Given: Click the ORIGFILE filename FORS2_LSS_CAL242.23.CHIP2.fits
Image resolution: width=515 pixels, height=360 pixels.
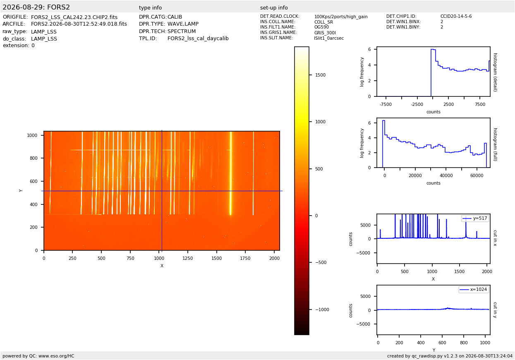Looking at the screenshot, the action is point(74,17).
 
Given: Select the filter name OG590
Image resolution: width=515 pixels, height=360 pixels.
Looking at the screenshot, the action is point(321,27).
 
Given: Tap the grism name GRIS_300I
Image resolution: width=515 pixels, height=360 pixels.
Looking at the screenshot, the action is point(325,33).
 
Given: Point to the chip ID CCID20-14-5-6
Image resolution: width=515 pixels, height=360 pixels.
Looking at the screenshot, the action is point(456,16).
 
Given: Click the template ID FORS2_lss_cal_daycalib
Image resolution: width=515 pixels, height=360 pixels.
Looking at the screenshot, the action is point(198,38).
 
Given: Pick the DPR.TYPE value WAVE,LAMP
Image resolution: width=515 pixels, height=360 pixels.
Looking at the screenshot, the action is point(183,24).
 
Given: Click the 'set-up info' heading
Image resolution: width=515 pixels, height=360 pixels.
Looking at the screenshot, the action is point(274,8).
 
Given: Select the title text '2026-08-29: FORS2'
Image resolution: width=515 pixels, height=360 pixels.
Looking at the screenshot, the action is point(36,7).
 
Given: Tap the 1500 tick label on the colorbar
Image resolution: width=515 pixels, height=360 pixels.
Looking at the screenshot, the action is point(320,75).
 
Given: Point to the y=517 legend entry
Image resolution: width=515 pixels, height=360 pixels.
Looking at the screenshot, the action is point(475,218).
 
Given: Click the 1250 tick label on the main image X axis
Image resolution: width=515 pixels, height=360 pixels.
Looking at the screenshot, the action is point(188,258).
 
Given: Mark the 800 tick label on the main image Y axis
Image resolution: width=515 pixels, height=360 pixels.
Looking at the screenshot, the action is point(34,158).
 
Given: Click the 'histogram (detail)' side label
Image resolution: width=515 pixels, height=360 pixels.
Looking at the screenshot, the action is point(495,72).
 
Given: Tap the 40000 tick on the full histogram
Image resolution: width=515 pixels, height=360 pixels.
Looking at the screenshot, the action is point(446,176).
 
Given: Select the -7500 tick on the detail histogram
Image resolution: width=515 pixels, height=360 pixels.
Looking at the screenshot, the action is point(386,104).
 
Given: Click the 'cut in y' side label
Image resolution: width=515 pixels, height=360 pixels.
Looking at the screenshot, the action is point(495,310).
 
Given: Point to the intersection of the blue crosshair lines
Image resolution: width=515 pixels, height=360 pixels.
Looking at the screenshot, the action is point(162,191).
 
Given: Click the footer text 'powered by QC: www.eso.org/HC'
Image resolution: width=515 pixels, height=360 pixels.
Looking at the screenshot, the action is point(38,356).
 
